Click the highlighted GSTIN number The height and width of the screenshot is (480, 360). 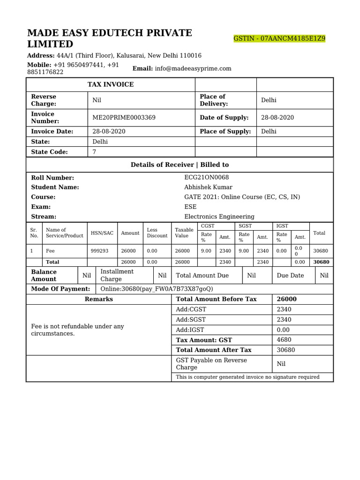click(279, 38)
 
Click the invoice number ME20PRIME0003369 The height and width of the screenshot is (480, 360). click(124, 118)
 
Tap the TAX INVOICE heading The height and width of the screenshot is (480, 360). click(111, 84)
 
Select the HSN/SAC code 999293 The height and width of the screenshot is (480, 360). click(99, 251)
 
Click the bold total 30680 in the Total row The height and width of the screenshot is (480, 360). click(321, 262)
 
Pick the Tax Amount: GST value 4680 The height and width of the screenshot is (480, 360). click(284, 340)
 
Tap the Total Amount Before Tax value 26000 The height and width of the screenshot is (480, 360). click(287, 299)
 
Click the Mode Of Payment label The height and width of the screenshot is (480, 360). click(60, 289)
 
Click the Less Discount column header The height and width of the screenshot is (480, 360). click(157, 233)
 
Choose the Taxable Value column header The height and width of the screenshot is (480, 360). click(184, 233)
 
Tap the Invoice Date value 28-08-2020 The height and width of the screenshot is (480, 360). click(109, 132)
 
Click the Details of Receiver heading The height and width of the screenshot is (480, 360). click(180, 165)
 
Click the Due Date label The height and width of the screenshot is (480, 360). click(290, 276)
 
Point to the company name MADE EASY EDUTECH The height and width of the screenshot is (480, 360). click(110, 33)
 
